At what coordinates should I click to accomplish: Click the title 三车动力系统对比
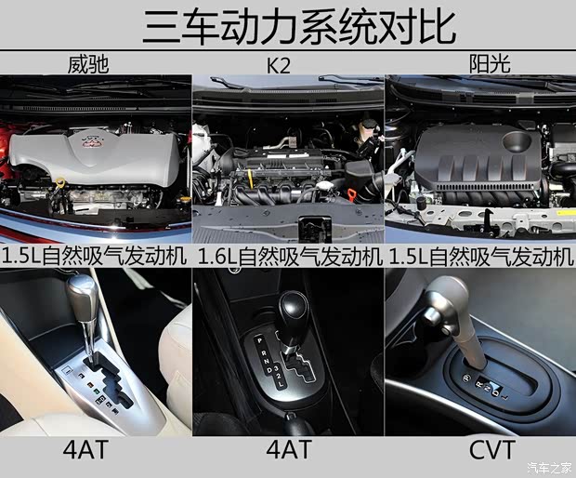287,25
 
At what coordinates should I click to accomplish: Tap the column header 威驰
95,64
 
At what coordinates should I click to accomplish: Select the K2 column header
287,64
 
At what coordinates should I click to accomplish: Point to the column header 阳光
479,64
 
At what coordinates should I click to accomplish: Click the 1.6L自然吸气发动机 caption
287,255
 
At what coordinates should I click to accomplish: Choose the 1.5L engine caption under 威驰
95,255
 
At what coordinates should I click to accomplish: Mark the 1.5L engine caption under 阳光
479,255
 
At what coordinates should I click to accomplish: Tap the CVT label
479,453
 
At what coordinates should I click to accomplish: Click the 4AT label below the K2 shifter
287,453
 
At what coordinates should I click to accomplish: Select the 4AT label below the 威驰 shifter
95,453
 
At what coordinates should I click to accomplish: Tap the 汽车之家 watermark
549,467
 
